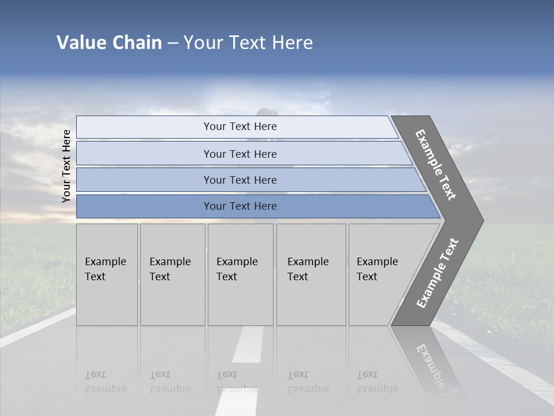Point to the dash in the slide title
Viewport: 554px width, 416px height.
coord(173,43)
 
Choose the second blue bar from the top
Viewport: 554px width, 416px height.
coord(239,154)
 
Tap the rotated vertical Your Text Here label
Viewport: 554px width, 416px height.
coord(66,166)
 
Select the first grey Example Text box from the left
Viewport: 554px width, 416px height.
coord(107,274)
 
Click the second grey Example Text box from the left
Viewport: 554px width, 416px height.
coord(173,274)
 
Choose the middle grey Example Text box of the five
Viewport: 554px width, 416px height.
coord(240,274)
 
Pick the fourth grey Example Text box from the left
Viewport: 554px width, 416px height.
coord(311,274)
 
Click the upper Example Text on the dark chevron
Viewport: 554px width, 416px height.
coord(436,165)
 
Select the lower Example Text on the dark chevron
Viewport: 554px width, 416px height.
coord(437,273)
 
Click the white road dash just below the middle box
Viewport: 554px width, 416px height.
coord(249,344)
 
